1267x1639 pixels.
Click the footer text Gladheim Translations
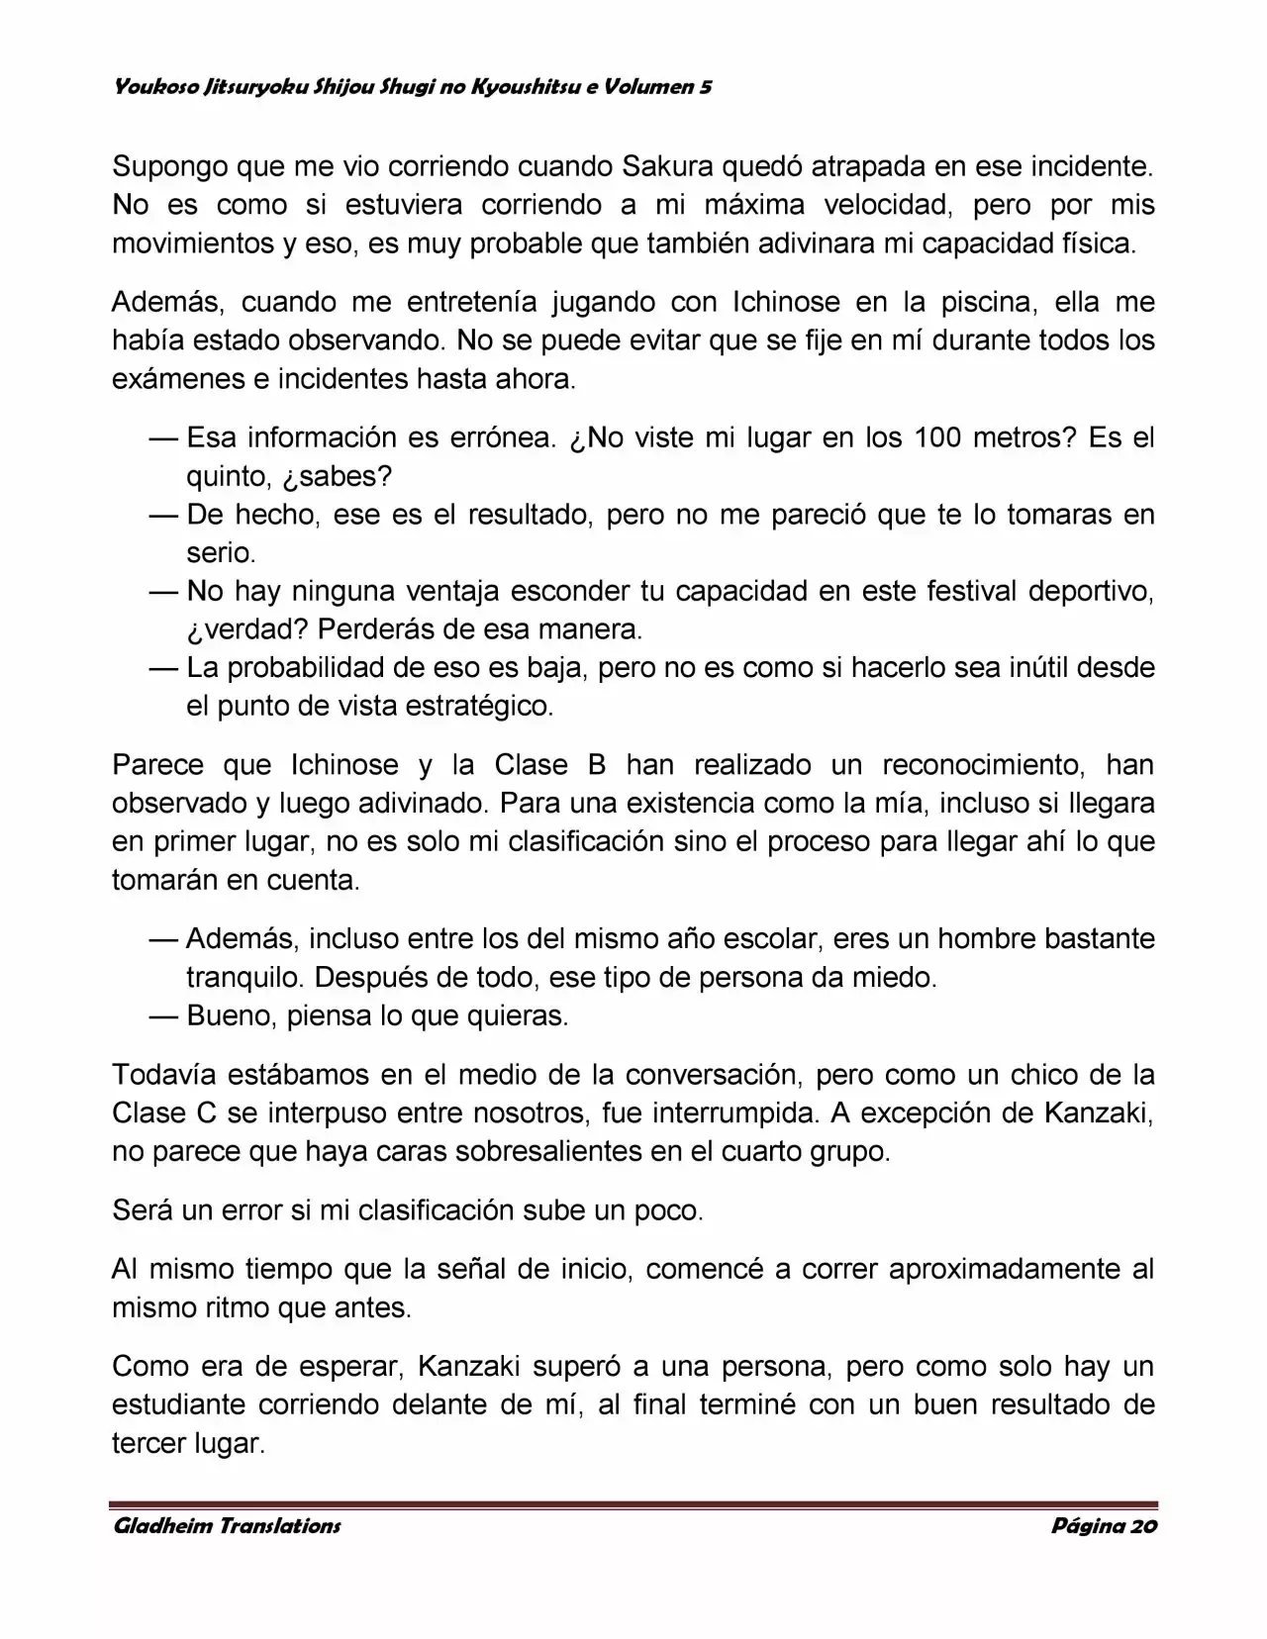pyautogui.click(x=227, y=1525)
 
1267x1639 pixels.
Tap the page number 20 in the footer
pyautogui.click(x=1142, y=1525)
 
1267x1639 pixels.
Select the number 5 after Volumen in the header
pyautogui.click(x=705, y=87)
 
